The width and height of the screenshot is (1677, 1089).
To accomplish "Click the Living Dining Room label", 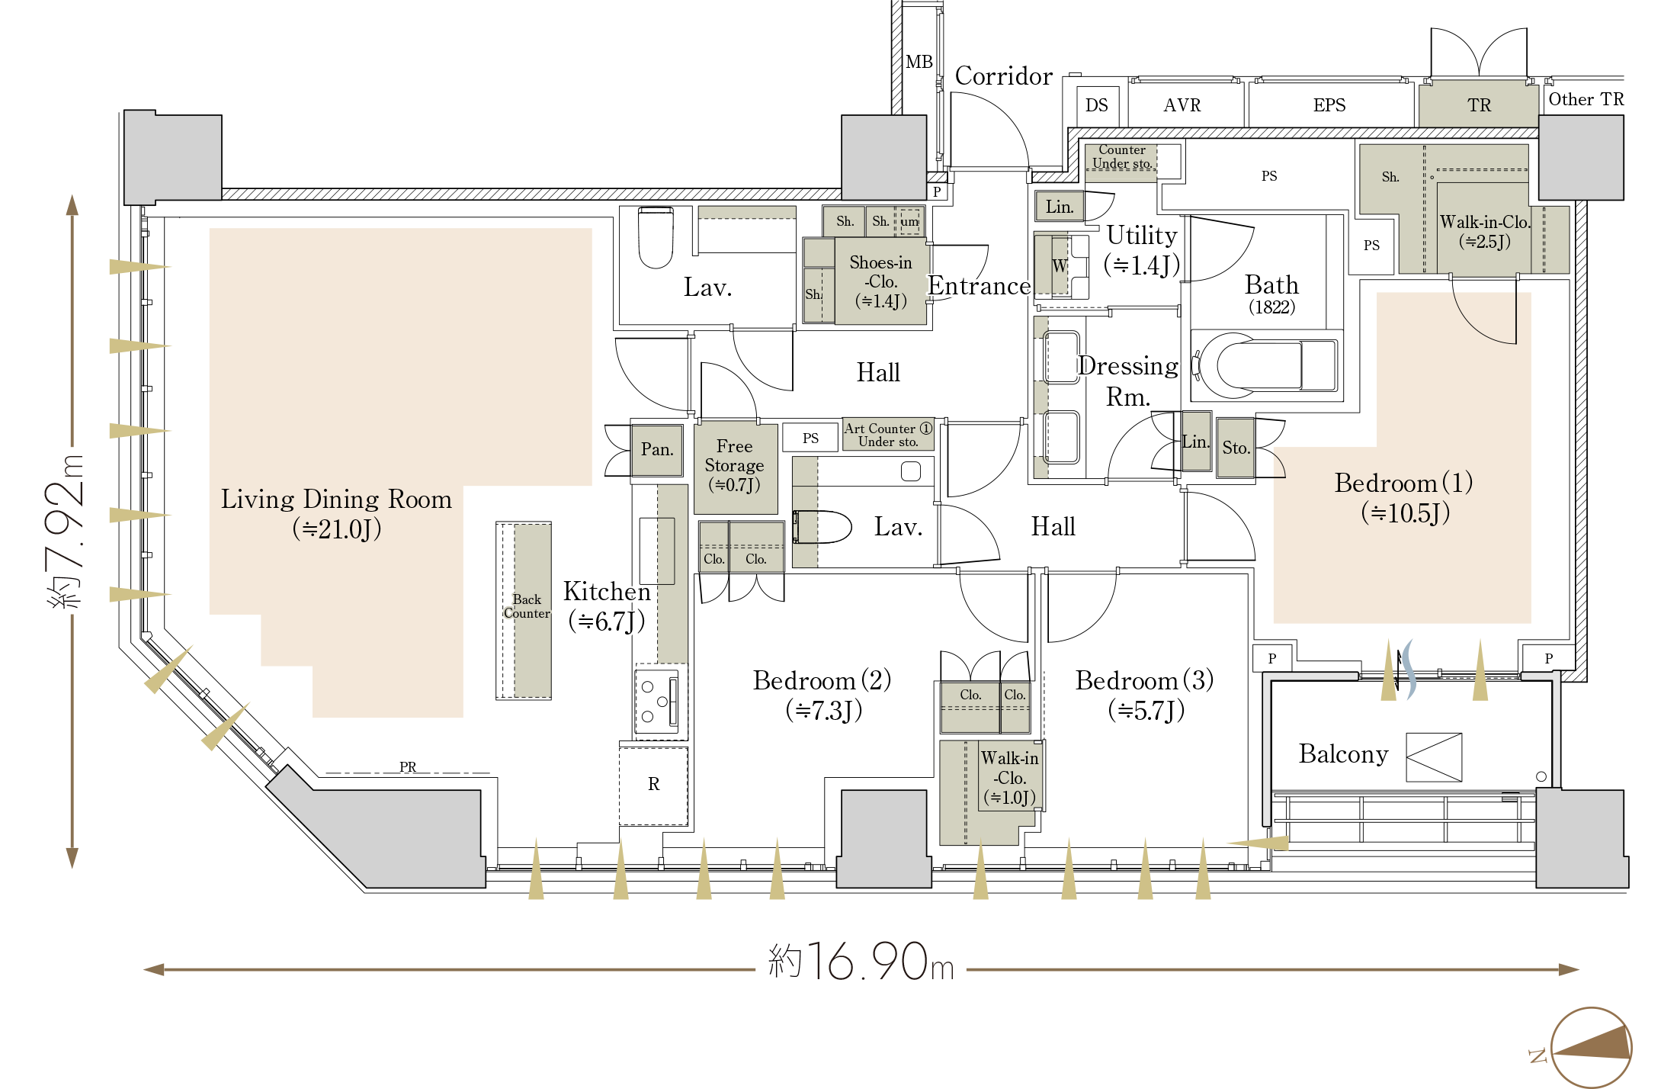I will click(x=336, y=513).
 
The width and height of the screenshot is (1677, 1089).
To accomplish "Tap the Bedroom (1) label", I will click(x=1404, y=497).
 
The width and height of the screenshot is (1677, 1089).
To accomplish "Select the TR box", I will click(x=1478, y=105).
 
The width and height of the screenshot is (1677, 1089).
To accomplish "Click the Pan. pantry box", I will click(x=656, y=450).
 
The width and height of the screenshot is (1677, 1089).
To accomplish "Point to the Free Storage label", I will click(x=734, y=465).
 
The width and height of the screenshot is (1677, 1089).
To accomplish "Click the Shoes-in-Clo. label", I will click(x=880, y=281).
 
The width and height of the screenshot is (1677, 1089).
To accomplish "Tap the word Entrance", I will click(x=980, y=286).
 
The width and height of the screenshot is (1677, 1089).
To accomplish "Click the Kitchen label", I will click(x=607, y=606).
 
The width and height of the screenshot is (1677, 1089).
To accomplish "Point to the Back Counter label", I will click(x=527, y=606).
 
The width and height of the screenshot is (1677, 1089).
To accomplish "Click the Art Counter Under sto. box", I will click(x=888, y=435).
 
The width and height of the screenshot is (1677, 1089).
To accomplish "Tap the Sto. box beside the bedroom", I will click(x=1236, y=448).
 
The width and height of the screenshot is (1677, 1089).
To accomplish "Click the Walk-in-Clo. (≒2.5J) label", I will click(x=1484, y=232).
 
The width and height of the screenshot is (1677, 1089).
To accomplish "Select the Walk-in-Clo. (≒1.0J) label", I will click(x=1009, y=778).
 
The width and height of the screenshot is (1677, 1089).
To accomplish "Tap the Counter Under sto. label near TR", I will click(x=1121, y=157).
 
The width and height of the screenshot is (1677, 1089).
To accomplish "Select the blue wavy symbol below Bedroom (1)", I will click(x=1409, y=669).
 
